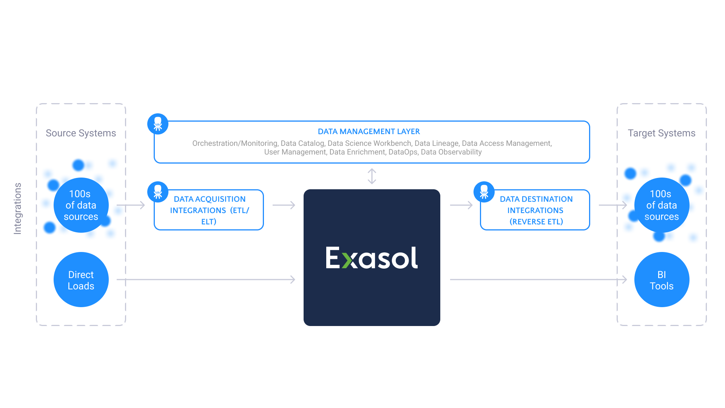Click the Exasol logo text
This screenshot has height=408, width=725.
(x=372, y=258)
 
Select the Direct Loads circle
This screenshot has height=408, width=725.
(x=81, y=280)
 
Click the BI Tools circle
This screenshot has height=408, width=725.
(x=662, y=280)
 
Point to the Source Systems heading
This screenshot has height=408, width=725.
(x=81, y=133)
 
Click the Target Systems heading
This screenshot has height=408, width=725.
(x=662, y=133)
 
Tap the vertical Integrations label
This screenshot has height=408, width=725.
(x=18, y=209)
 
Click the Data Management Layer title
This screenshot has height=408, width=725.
(x=369, y=131)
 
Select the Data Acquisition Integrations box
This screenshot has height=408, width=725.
(x=209, y=210)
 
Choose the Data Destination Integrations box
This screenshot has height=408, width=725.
(x=535, y=210)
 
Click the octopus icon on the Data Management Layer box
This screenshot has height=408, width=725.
(x=158, y=124)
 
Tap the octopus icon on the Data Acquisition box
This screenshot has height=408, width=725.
(x=158, y=192)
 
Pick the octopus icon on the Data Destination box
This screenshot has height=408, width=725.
(x=484, y=192)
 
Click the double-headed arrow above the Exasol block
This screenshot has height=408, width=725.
(x=372, y=176)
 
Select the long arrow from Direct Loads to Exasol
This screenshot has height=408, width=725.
(x=206, y=280)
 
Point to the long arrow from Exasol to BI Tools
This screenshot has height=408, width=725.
(x=538, y=280)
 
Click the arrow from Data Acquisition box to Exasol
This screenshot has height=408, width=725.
(x=284, y=205)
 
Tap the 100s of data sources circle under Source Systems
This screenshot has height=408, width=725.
(x=81, y=205)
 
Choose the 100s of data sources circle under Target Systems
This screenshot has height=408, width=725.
(x=662, y=205)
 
